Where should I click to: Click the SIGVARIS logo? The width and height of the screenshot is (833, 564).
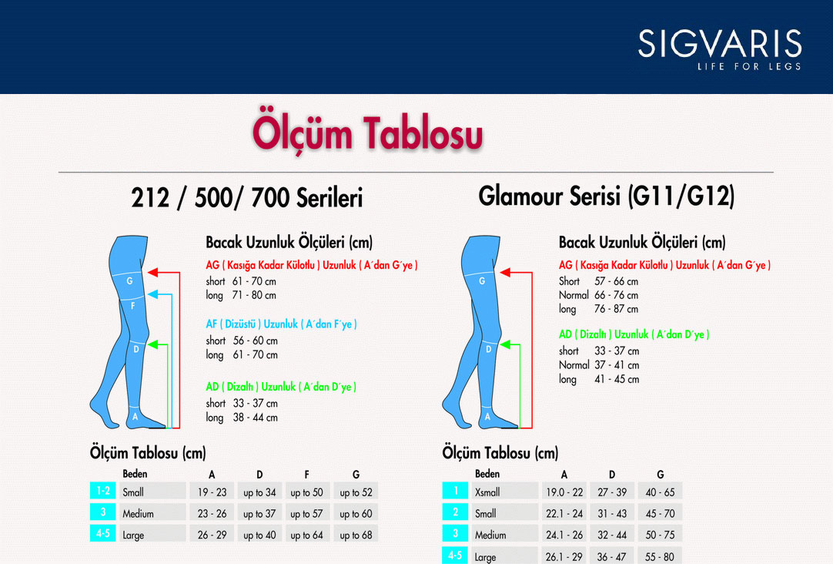click(720, 49)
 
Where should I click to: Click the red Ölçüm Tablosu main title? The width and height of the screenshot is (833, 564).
click(368, 133)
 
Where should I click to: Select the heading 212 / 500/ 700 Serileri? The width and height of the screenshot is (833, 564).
click(247, 198)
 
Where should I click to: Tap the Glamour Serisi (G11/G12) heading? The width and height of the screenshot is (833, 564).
click(606, 196)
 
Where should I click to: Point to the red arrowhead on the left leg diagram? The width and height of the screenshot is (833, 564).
click(153, 273)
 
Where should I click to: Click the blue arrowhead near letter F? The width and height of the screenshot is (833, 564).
click(153, 294)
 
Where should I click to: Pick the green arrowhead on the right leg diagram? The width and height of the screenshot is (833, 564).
click(506, 345)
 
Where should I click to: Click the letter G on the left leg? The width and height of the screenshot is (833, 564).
click(129, 280)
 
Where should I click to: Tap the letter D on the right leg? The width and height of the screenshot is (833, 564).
click(488, 349)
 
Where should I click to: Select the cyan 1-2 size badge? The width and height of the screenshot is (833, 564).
click(103, 490)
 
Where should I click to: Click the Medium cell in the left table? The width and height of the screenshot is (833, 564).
click(153, 513)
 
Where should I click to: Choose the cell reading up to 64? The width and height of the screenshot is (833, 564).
click(307, 535)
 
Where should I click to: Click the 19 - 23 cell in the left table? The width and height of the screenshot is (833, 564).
click(212, 492)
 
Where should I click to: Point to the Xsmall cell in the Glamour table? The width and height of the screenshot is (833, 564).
click(505, 492)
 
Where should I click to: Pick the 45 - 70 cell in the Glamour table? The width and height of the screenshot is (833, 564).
click(660, 513)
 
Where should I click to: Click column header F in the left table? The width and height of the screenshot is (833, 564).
click(306, 474)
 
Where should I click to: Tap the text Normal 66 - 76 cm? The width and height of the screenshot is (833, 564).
click(598, 295)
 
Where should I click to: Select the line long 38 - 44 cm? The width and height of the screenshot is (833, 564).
click(242, 418)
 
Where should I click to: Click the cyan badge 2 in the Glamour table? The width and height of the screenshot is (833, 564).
click(455, 512)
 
